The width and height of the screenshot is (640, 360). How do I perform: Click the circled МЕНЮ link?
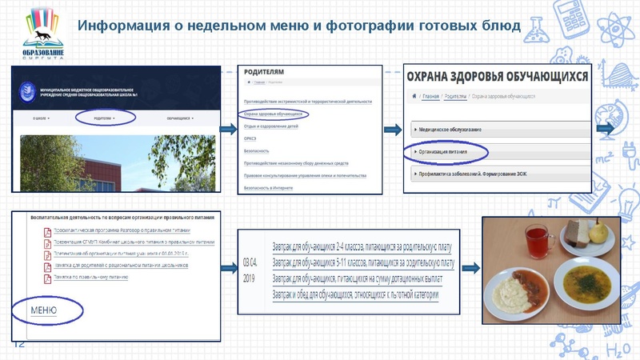pos(43,310)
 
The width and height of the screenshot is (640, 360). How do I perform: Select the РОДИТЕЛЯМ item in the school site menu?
pos(104,118)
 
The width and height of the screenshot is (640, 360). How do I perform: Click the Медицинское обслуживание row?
pos(449,128)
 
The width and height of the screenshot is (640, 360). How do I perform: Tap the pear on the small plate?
pos(599,232)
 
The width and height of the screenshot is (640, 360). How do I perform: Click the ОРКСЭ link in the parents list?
pos(250,138)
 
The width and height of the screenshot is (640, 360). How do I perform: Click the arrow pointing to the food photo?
pos(470,270)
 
